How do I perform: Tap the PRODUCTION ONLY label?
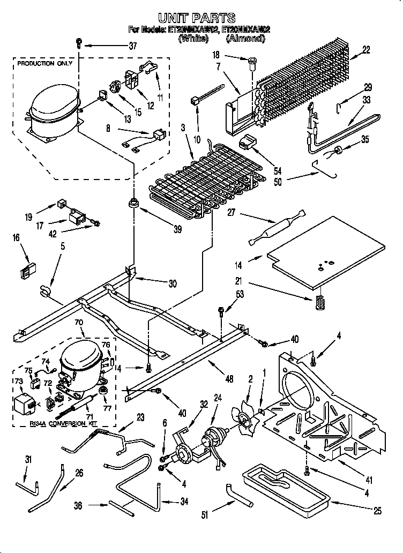coord(44,64)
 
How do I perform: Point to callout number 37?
coord(133,46)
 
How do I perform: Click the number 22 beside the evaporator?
coord(366,50)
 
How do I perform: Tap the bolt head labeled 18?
coord(252,65)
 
